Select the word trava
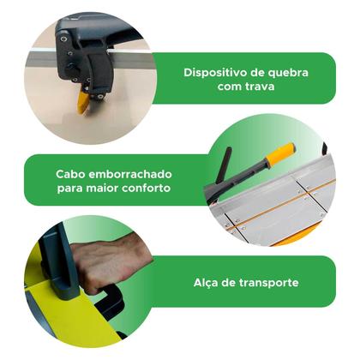[x=260, y=87]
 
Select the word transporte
[x=269, y=283]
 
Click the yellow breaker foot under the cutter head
[x=83, y=102]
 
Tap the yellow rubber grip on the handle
[x=280, y=154]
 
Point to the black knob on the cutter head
[x=71, y=69]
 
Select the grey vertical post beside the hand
[x=58, y=263]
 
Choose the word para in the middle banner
[x=69, y=189]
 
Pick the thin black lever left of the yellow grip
[x=225, y=165]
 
